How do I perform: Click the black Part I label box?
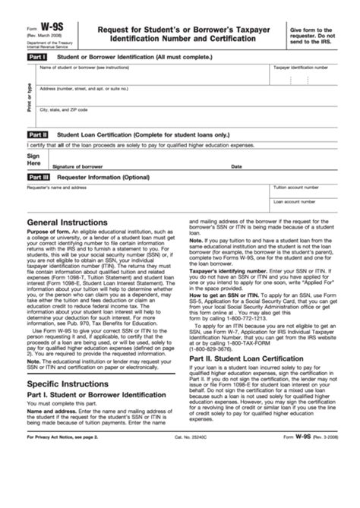click(x=36, y=57)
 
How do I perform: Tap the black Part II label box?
click(x=37, y=134)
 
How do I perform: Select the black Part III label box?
click(x=38, y=177)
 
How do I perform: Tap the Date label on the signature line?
click(x=236, y=166)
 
